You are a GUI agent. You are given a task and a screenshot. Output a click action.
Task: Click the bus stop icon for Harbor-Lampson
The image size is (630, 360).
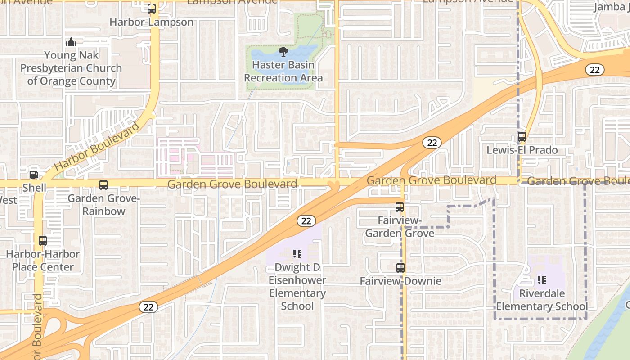152,8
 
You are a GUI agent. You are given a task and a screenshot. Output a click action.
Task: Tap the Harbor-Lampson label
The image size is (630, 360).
152,22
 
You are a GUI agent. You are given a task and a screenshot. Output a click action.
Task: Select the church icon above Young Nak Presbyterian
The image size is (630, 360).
71,42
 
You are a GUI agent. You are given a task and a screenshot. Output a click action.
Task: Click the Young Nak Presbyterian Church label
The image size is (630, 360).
71,68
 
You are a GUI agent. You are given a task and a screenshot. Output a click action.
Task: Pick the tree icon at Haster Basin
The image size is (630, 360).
283,52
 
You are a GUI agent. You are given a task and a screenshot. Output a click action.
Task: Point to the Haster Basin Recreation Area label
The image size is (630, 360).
283,71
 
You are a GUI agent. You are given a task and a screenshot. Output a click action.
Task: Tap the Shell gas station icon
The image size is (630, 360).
34,175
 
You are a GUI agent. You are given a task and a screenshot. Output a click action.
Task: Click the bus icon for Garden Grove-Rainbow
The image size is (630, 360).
103,184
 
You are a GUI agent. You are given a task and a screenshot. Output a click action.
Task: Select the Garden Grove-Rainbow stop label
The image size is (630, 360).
103,205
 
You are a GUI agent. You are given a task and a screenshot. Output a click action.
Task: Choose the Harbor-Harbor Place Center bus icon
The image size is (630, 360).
43,240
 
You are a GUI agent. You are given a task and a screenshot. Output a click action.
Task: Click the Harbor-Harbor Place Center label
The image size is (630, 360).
43,261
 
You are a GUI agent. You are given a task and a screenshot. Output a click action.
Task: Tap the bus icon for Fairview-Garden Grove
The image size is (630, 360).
400,207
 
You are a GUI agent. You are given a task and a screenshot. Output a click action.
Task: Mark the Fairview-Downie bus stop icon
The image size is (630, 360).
400,268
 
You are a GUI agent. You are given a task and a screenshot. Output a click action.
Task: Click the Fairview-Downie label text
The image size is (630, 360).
400,281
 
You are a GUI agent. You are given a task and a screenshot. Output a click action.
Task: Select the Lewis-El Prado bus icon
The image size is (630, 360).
522,136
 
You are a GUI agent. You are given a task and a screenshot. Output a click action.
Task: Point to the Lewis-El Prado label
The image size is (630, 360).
522,150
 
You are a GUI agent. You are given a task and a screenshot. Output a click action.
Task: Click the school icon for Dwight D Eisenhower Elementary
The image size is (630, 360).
297,254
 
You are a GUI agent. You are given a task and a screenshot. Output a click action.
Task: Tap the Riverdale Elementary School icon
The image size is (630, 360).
542,280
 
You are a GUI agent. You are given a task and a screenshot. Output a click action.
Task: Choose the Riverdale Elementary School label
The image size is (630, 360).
542,300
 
